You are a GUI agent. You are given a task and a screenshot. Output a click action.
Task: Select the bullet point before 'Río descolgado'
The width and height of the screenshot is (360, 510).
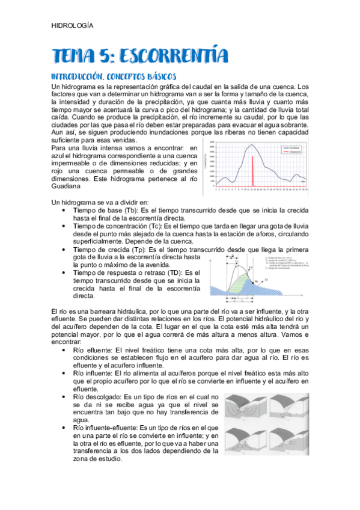click(65, 397)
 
